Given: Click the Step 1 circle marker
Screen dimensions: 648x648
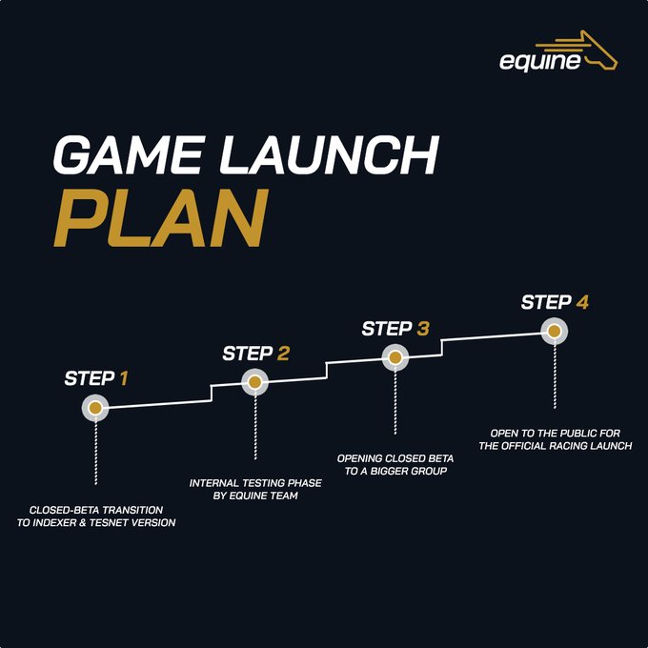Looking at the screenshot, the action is click(95, 408).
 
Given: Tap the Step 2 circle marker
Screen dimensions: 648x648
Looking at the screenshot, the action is click(254, 382).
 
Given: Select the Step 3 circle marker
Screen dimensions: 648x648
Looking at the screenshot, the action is click(395, 357).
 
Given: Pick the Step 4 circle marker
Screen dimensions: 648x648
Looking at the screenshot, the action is click(554, 331).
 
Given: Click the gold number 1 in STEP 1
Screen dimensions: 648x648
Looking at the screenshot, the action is click(122, 378).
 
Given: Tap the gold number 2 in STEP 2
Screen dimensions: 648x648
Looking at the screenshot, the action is click(283, 354).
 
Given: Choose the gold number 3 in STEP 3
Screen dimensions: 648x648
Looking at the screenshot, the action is click(422, 329).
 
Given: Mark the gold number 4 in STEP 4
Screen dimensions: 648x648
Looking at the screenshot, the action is click(581, 302).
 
